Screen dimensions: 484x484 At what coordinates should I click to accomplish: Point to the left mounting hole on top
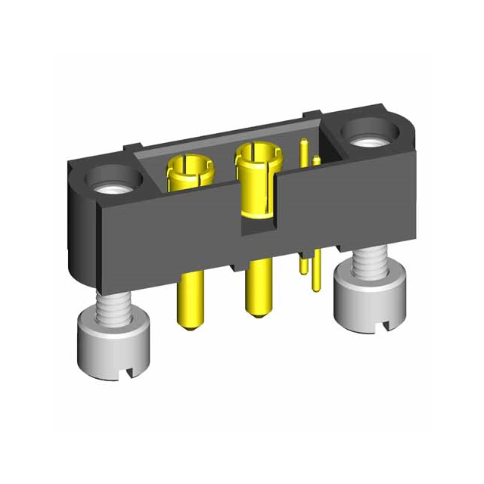[x=114, y=181]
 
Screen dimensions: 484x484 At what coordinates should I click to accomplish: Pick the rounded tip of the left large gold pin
[x=188, y=325]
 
